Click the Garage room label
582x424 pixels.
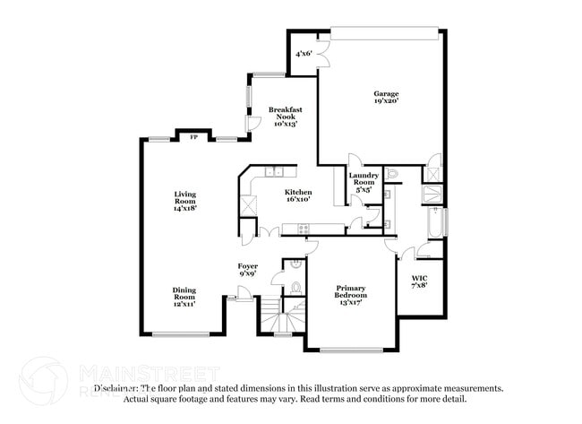(x=386, y=98)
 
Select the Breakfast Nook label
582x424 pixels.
(x=286, y=117)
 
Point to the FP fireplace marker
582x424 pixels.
(x=193, y=137)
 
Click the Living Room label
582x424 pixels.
(x=185, y=198)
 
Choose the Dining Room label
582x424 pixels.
(x=184, y=297)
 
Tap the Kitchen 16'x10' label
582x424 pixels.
(x=298, y=195)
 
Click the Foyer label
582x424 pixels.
(x=248, y=270)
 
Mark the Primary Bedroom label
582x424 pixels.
(x=350, y=295)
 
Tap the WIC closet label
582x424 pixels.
(x=419, y=281)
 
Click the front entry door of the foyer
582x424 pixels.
(x=231, y=292)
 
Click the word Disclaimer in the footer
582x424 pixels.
(x=116, y=389)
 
